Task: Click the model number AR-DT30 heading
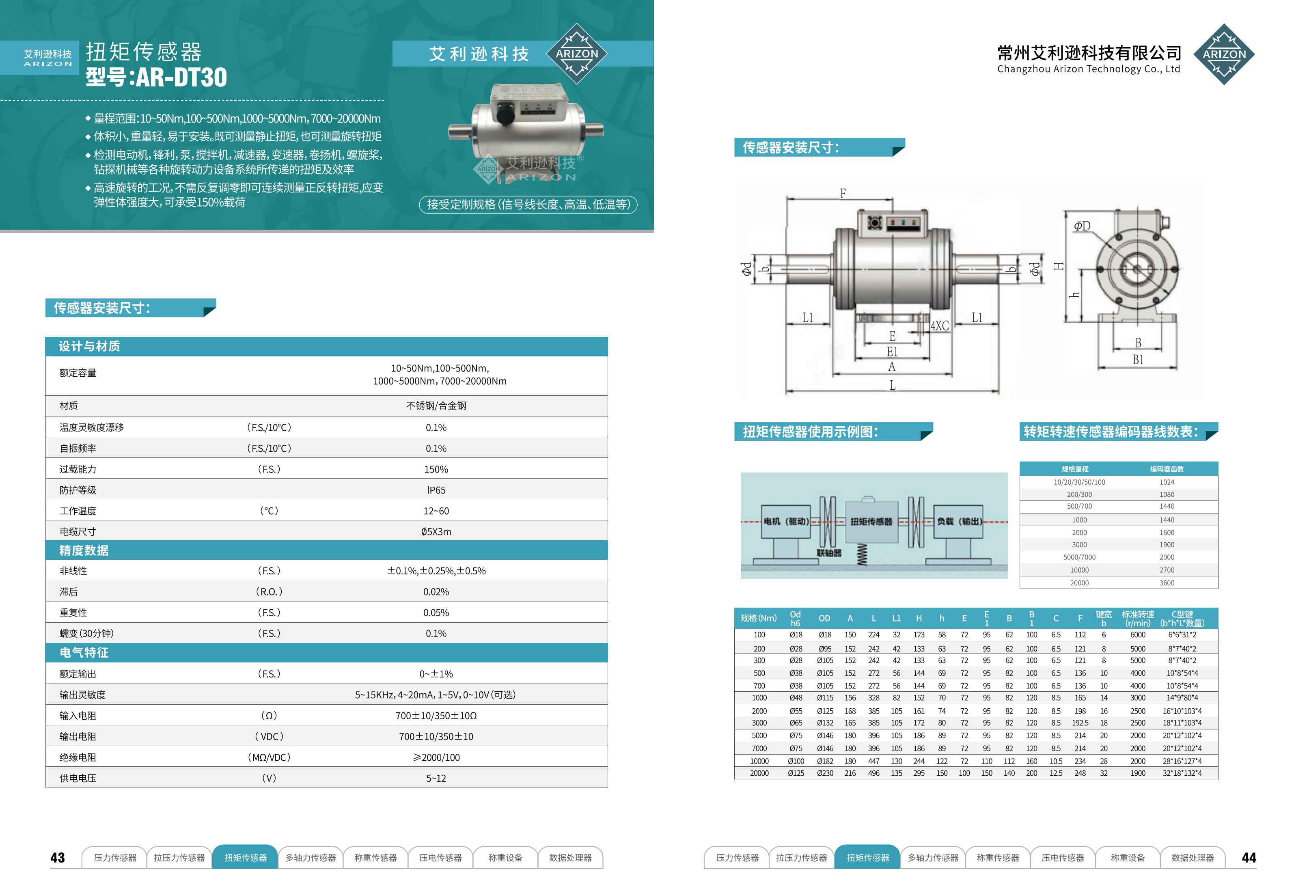(156, 77)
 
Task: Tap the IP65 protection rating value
(436, 490)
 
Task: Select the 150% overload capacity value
(436, 469)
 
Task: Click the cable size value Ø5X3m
(436, 531)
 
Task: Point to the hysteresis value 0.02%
(436, 591)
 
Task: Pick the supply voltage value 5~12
(436, 778)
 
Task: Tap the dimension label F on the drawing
(843, 194)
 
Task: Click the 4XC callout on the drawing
(940, 326)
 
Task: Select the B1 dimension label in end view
(1138, 360)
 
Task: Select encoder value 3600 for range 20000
(1167, 582)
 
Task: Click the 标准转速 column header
(1137, 618)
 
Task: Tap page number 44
(1249, 858)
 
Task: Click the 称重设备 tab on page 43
(505, 858)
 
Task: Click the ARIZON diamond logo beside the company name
(1224, 54)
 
